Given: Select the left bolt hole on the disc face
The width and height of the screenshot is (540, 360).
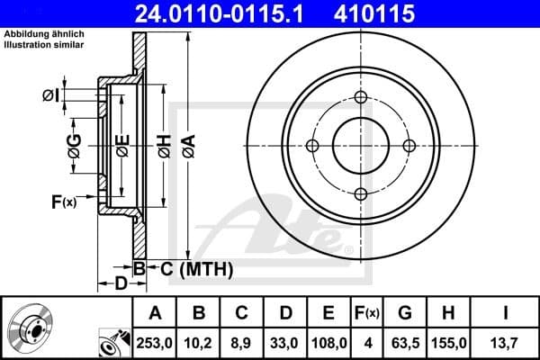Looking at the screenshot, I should coord(313,146).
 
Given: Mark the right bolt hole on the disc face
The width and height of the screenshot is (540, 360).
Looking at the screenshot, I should coord(409,146).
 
